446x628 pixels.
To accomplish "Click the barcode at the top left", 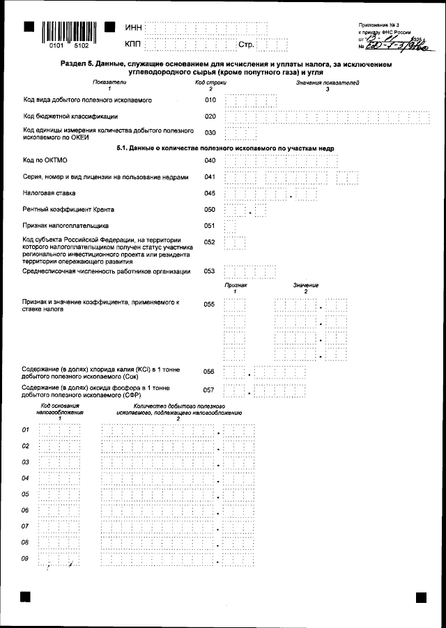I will (x=69, y=32).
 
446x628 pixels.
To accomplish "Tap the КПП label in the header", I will (x=133, y=45).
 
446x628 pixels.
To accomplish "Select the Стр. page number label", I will (x=246, y=45).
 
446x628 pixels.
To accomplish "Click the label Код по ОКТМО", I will (x=43, y=161).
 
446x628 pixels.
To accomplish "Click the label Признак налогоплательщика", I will (x=66, y=226).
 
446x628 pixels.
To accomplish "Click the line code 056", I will (x=208, y=372).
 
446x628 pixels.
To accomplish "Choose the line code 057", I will (x=208, y=390).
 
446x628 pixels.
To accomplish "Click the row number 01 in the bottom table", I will (x=26, y=429).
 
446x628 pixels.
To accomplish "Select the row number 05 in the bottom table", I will (x=26, y=494).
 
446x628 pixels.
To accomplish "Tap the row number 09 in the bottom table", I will (x=26, y=558).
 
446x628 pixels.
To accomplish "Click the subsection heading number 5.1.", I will (x=123, y=148).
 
